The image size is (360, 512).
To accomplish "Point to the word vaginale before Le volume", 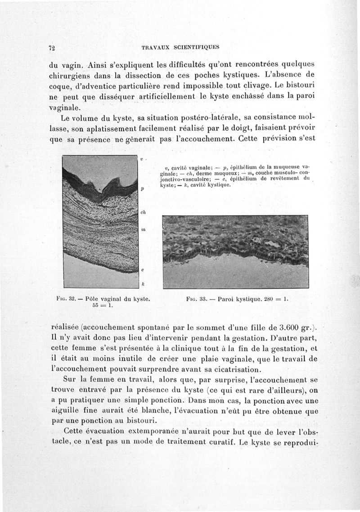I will [64, 108].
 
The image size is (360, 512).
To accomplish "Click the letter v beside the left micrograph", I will [141, 159].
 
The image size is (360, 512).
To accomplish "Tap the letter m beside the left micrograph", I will [143, 229].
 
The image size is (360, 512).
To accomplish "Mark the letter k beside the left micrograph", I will [142, 284].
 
